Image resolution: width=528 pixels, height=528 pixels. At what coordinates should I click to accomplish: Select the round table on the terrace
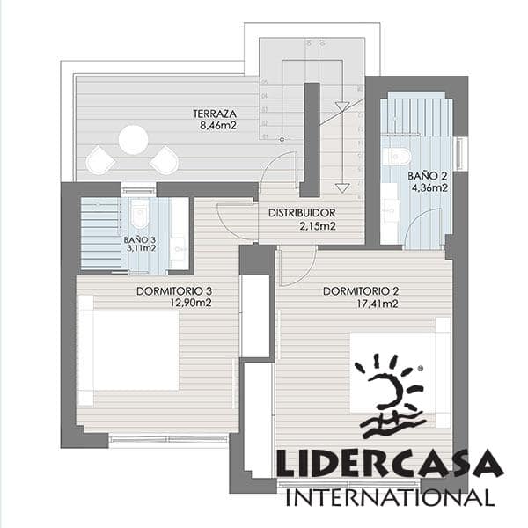coord(134,139)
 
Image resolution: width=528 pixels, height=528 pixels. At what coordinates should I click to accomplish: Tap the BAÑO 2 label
coord(428,175)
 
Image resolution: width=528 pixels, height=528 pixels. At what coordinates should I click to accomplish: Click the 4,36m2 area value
coord(428,187)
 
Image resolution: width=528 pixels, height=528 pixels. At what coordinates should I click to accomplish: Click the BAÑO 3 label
coord(140,238)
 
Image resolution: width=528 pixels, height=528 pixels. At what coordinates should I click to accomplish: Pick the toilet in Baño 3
coord(140,213)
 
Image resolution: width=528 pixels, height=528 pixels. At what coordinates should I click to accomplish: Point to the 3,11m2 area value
coord(140,248)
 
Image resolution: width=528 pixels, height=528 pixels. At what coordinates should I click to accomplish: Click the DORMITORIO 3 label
coord(174,291)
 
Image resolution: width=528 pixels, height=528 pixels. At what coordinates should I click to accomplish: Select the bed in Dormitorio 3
coord(132,349)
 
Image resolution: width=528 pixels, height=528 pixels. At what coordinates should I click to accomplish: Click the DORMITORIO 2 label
coord(362,291)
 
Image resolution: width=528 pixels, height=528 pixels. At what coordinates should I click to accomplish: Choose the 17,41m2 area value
coord(378,304)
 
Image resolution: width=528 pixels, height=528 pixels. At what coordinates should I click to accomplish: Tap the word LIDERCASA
coord(389,464)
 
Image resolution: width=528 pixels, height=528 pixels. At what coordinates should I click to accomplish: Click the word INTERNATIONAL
coord(389,496)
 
